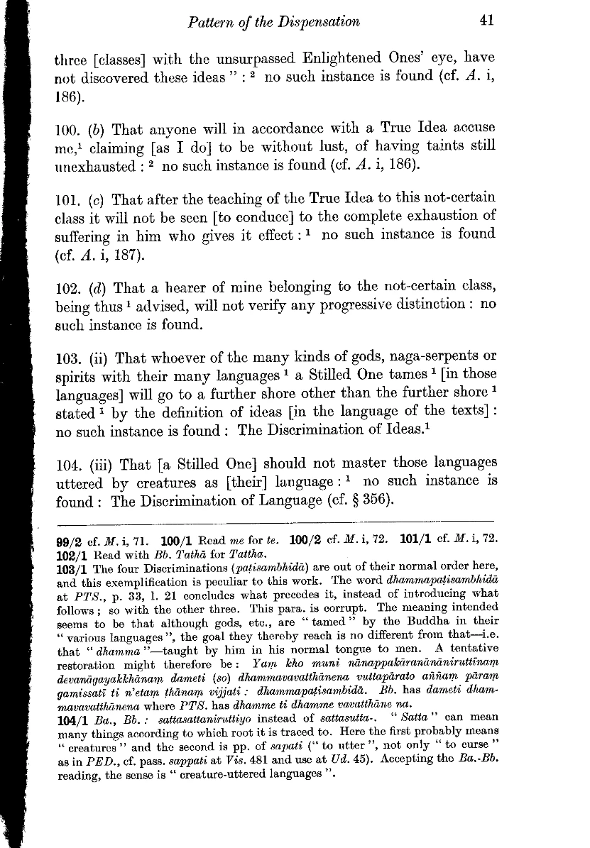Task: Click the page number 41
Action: click(486, 21)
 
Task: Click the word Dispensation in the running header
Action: click(319, 21)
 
